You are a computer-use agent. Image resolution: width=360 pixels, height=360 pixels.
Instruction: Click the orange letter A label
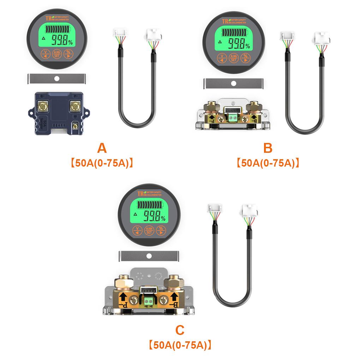coord(102,149)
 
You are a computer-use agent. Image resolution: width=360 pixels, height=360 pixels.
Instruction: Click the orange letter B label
coord(268,148)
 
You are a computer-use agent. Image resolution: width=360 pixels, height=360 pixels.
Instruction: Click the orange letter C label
coord(180,330)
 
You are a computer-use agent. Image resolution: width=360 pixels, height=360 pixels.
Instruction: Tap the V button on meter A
coord(45,54)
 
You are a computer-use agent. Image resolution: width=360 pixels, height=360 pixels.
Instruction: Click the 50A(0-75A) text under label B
coord(268,163)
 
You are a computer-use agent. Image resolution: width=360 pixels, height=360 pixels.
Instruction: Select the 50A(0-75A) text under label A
coord(102,163)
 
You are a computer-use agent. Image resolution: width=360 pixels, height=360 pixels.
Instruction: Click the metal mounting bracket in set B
coord(233,83)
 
